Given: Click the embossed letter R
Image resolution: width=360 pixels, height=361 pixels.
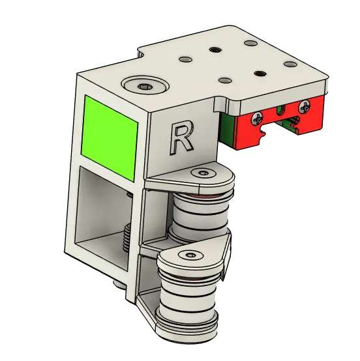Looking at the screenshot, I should pyautogui.click(x=181, y=137).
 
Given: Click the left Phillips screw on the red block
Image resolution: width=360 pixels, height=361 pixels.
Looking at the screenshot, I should pyautogui.click(x=259, y=119).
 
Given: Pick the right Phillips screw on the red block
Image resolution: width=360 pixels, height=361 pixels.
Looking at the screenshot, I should pyautogui.click(x=305, y=106).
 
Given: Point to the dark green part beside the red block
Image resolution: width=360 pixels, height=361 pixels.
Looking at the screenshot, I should pyautogui.click(x=226, y=128).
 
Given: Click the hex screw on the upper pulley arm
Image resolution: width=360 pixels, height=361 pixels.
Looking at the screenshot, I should pyautogui.click(x=202, y=173).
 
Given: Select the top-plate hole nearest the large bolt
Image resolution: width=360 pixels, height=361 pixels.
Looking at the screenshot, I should pyautogui.click(x=185, y=59).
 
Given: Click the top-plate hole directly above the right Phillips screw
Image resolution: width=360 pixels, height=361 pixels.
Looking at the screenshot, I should pyautogui.click(x=289, y=64).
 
